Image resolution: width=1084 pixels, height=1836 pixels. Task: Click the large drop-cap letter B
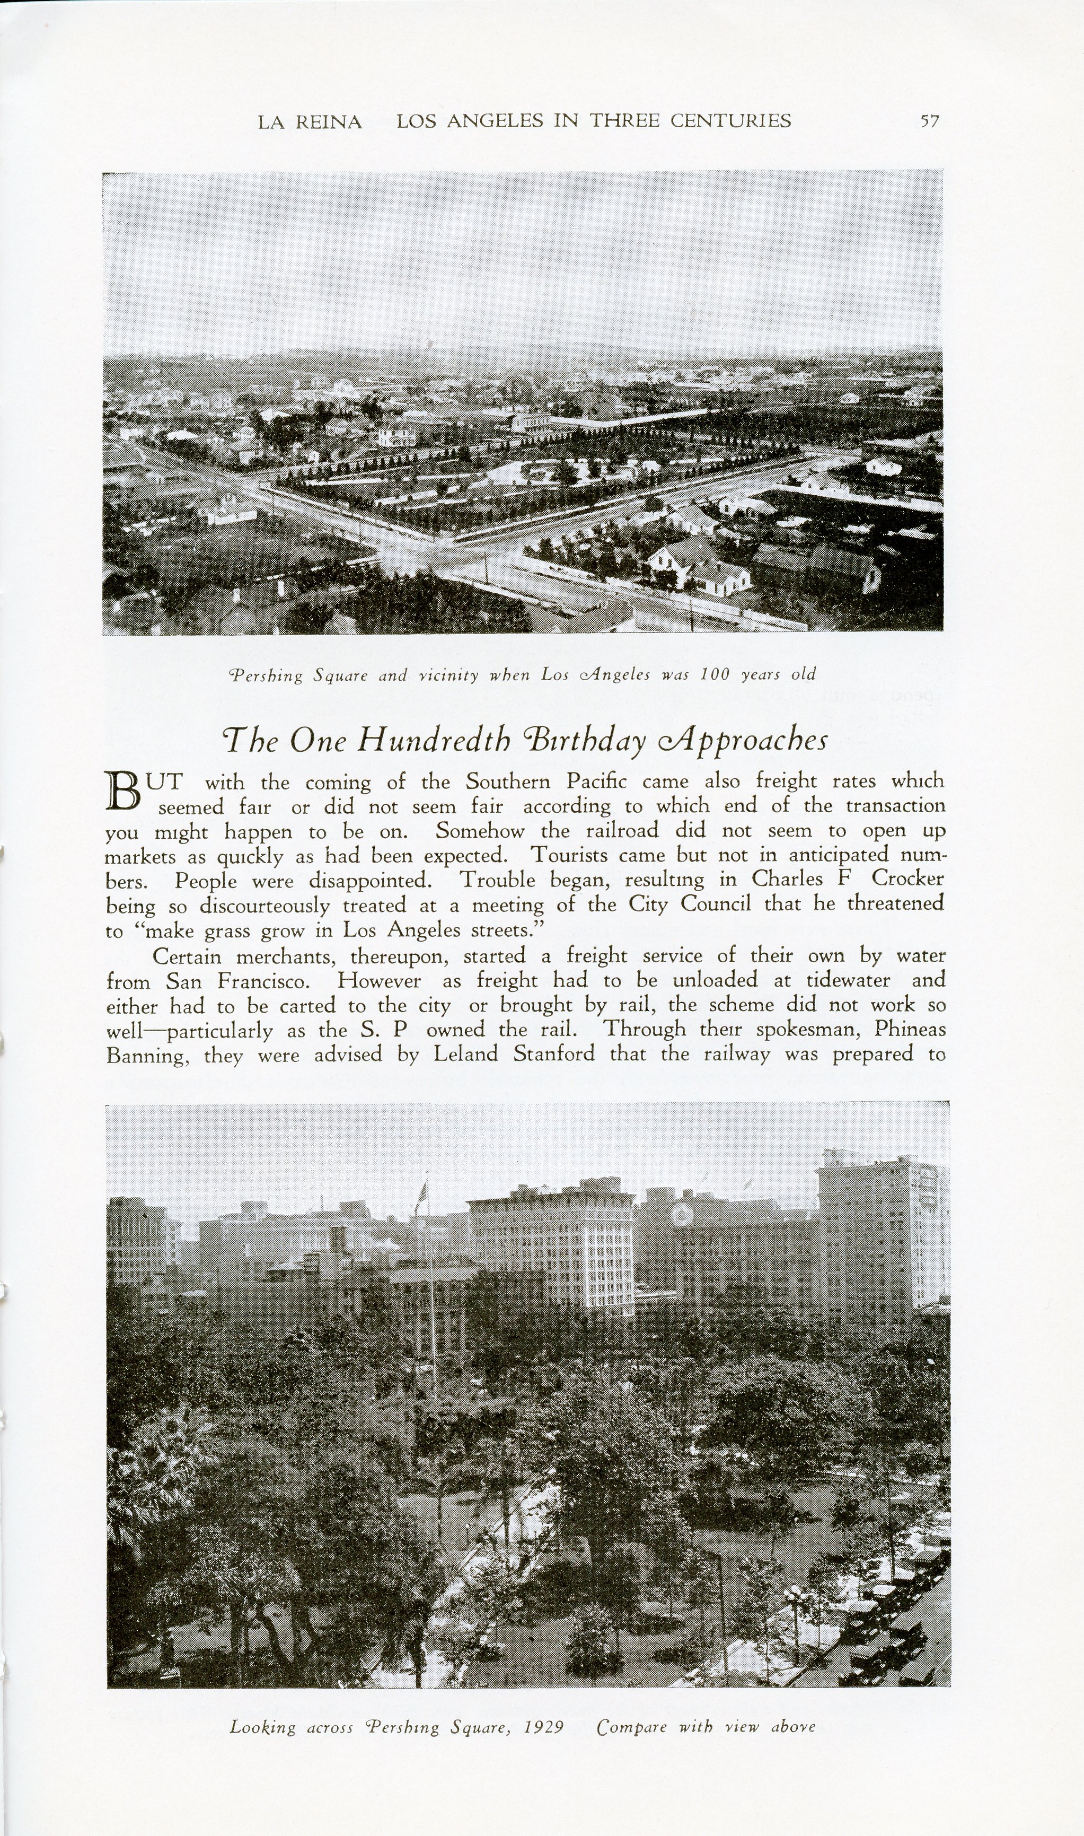[124, 794]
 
